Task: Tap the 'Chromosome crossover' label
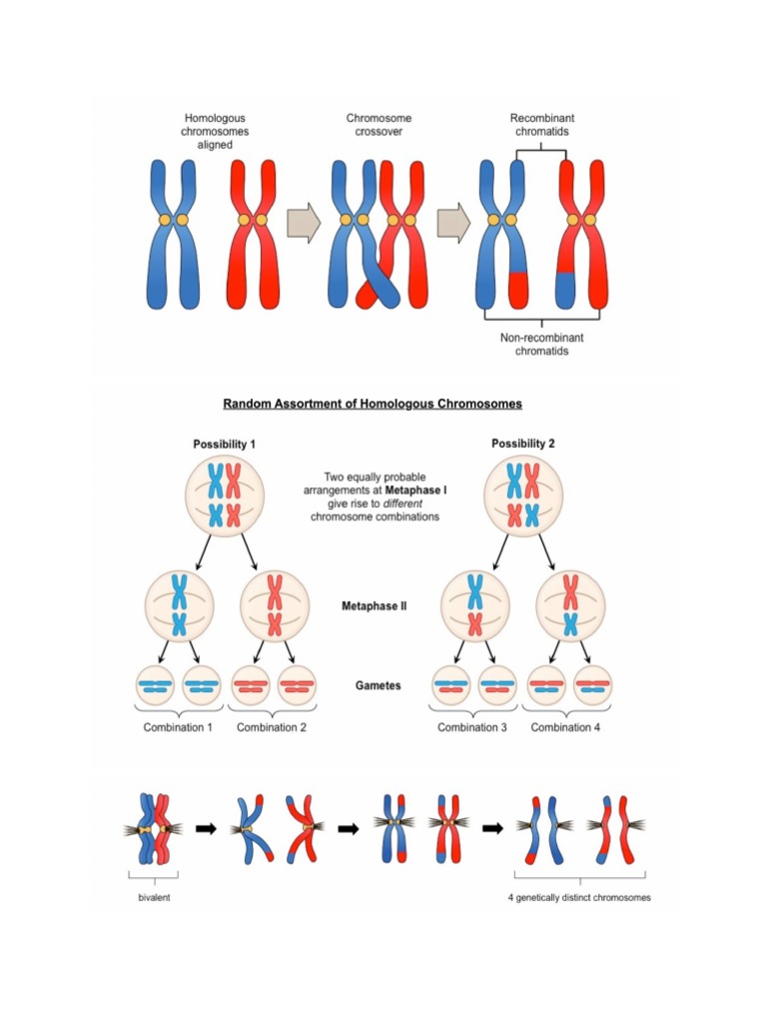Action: pos(379,125)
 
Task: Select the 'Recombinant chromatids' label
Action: pos(542,125)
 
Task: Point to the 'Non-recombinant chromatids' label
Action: pos(541,345)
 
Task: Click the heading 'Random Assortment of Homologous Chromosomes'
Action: pos(373,404)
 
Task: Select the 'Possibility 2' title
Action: pos(522,444)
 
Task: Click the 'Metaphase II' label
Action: pos(374,605)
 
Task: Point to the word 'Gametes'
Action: pos(376,686)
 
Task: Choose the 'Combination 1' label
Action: pos(178,727)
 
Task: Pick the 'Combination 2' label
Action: pos(271,727)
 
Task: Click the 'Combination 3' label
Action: pos(472,727)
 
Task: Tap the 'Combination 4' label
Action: pos(565,727)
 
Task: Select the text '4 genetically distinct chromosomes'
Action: pos(579,897)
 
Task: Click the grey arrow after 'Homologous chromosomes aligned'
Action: pos(303,221)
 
